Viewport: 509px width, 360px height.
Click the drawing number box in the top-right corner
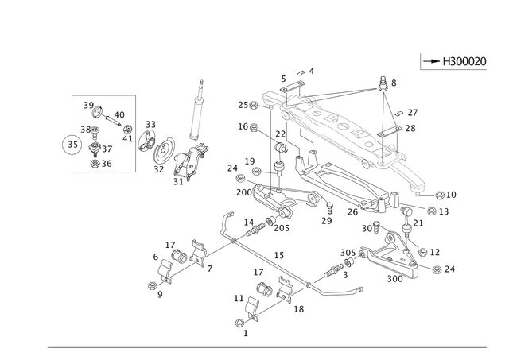pyautogui.click(x=441, y=59)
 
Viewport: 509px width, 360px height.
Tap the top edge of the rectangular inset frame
pyautogui.click(x=103, y=95)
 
